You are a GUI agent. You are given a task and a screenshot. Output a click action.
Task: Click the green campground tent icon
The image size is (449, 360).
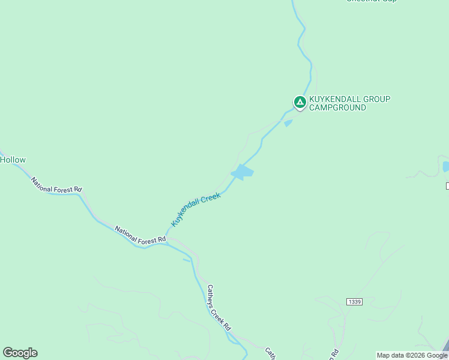(300, 102)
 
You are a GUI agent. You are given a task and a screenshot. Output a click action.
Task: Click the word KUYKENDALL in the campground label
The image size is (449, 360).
(333, 99)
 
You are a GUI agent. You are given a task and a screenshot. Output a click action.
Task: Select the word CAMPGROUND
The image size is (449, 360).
(337, 108)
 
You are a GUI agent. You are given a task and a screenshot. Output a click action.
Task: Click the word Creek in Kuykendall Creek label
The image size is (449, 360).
(212, 197)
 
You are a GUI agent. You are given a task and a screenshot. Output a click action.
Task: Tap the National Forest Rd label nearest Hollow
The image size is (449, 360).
(56, 185)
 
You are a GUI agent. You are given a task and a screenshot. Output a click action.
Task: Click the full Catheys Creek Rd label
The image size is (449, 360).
(218, 308)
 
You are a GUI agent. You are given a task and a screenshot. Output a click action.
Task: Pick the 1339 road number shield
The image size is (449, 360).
(354, 301)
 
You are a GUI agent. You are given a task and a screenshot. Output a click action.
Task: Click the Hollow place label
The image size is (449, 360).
(13, 160)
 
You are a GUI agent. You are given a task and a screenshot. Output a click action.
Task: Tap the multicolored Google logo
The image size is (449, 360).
(20, 353)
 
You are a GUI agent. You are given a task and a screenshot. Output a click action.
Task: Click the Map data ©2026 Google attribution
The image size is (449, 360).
(412, 355)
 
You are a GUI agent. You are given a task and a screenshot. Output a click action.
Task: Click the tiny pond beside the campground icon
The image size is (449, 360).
(288, 123)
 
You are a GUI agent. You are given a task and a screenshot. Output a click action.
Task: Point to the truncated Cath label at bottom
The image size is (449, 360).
(271, 354)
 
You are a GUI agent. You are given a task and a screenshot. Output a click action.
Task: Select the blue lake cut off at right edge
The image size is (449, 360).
(445, 166)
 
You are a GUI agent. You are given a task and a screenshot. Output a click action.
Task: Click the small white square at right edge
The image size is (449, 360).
(447, 186)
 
